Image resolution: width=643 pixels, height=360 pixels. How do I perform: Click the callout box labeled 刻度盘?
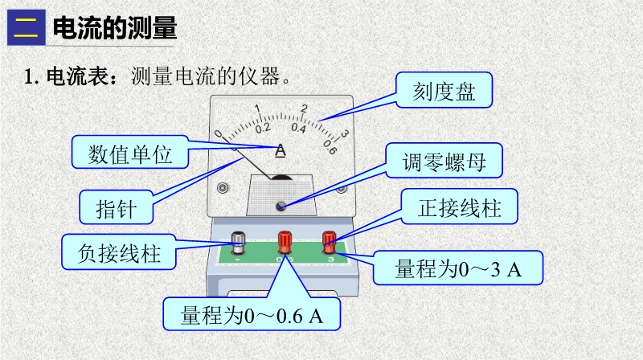coord(444,91)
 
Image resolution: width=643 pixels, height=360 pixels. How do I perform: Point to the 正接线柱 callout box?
coord(460,209)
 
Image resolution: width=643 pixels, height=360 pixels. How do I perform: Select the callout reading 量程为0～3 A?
coord(458,269)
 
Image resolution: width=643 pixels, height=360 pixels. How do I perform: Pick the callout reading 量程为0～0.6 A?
coord(252,314)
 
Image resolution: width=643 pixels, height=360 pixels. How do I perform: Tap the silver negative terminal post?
coord(240,240)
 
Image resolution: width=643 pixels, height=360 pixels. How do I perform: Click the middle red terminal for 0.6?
coord(284,240)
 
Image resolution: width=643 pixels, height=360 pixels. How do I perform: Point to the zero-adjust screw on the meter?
coord(281,206)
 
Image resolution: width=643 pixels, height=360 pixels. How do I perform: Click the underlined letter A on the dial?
coord(281,150)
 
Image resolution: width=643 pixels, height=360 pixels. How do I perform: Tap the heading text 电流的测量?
coord(113,30)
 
